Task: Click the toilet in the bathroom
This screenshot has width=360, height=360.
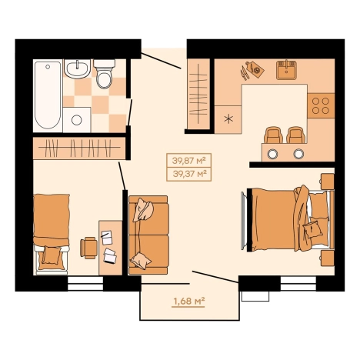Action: tap(105, 74)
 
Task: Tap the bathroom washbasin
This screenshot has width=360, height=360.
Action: tap(77, 68)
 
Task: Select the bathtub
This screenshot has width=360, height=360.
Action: tap(48, 95)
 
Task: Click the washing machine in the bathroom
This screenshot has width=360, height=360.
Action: tap(77, 120)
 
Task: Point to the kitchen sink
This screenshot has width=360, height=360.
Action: tap(286, 70)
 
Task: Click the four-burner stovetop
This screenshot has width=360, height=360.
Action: tap(321, 105)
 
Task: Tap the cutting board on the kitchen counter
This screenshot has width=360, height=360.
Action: tap(255, 68)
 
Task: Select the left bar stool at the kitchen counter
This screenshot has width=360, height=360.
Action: tap(273, 135)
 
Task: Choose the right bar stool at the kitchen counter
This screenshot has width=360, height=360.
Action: tap(296, 135)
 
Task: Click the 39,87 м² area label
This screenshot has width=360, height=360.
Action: tap(189, 161)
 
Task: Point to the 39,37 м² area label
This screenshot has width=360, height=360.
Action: tap(190, 174)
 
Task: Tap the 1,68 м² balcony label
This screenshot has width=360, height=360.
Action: tap(189, 301)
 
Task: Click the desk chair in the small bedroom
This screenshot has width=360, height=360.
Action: tap(88, 248)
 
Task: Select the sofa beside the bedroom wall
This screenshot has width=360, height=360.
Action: tap(148, 235)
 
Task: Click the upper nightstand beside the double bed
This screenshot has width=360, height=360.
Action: tap(327, 182)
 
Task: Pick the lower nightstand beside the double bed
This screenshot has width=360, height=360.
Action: tap(327, 258)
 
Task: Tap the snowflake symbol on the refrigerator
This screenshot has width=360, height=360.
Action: tap(228, 119)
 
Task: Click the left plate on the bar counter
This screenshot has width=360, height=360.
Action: tap(272, 154)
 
